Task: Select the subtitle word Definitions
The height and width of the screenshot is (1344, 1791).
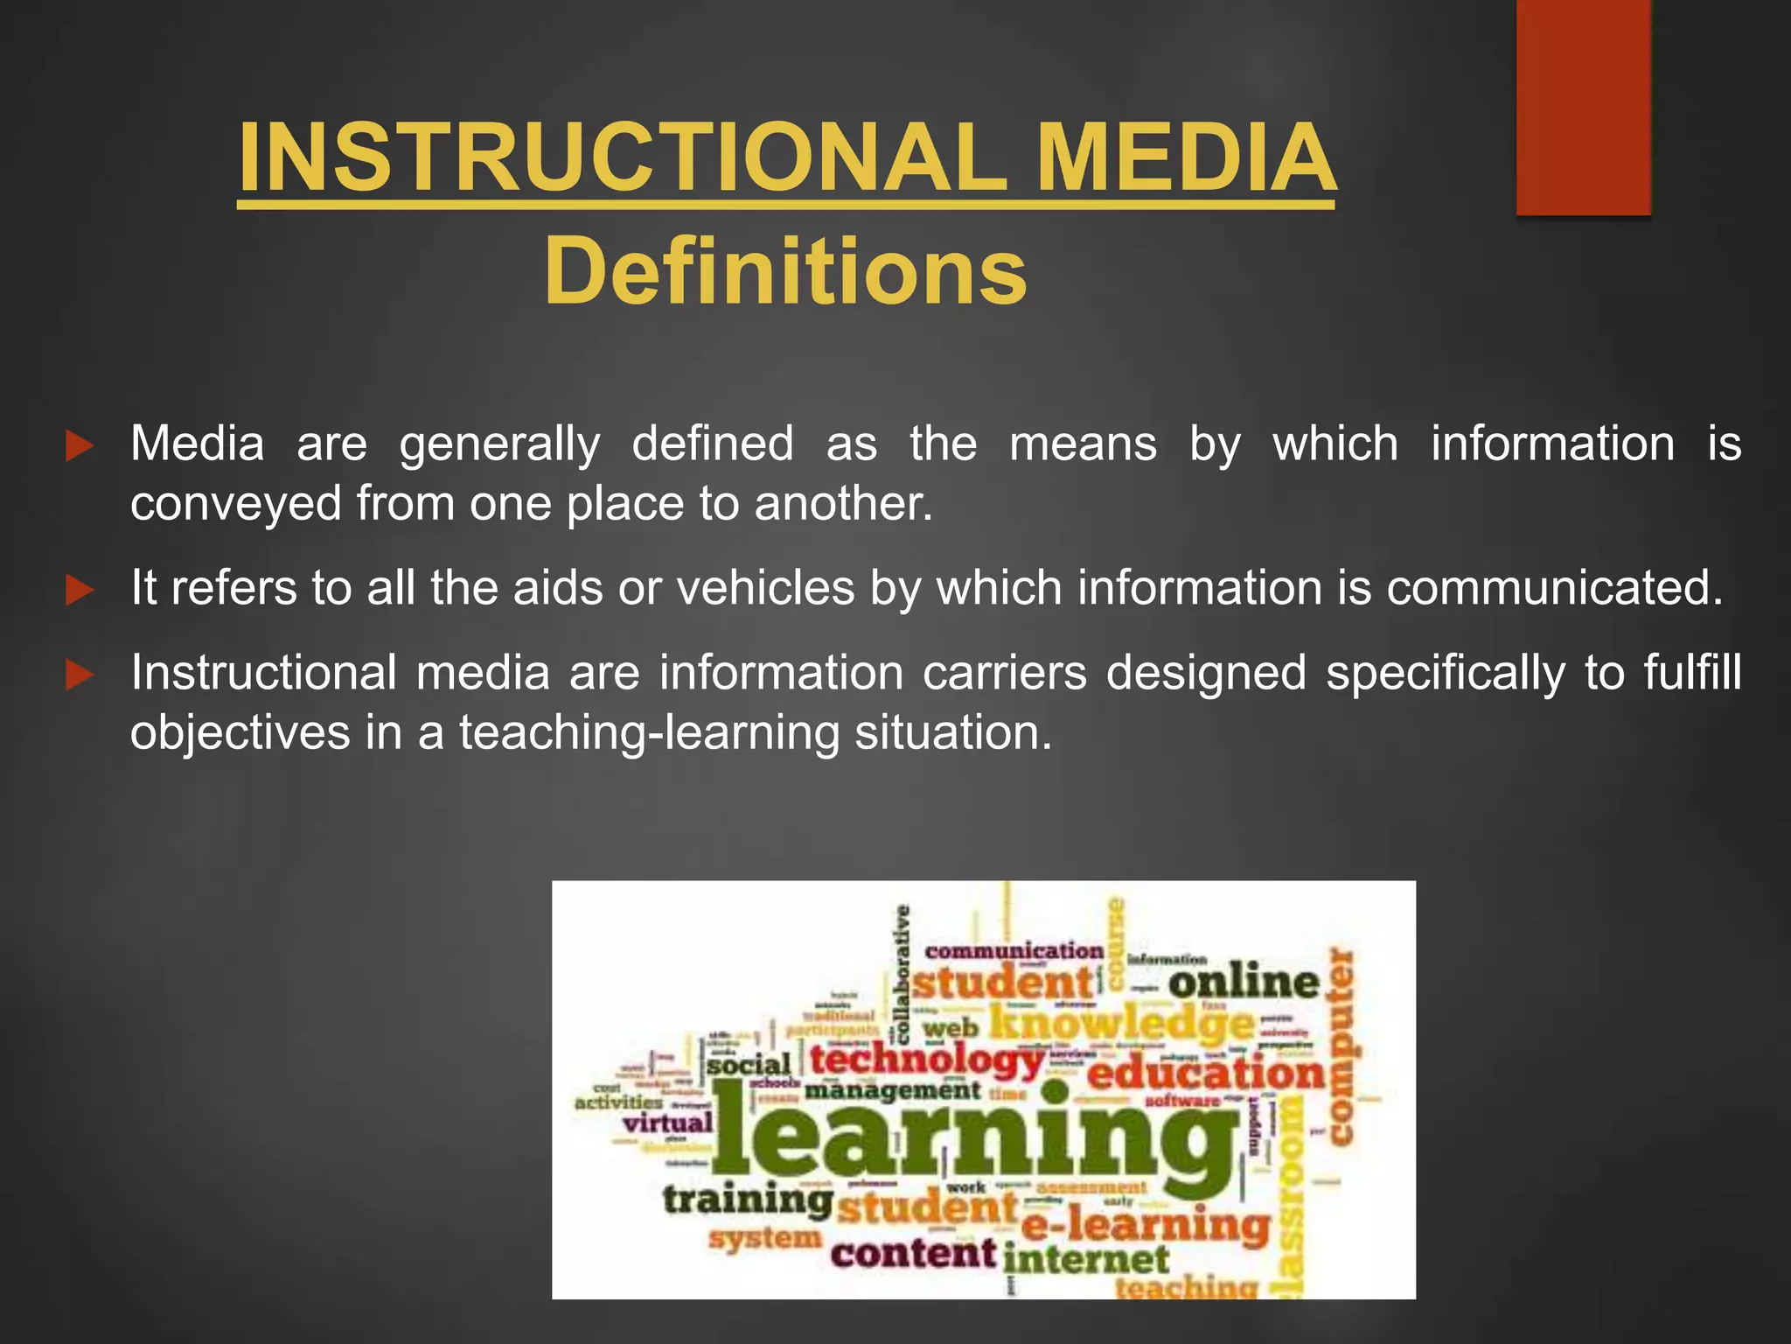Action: pyautogui.click(x=785, y=272)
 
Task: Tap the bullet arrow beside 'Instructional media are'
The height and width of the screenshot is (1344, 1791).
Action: pyautogui.click(x=80, y=675)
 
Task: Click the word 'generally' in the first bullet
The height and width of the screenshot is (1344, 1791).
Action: pyautogui.click(x=499, y=444)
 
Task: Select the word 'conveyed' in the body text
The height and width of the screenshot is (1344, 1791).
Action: pyautogui.click(x=235, y=504)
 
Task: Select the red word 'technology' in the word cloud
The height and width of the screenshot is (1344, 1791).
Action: pyautogui.click(x=927, y=1060)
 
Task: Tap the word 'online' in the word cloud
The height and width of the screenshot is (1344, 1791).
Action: pyautogui.click(x=1244, y=982)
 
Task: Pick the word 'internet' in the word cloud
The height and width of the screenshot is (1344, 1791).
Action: pyautogui.click(x=1085, y=1260)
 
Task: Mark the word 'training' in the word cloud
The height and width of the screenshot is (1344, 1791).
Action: pyautogui.click(x=748, y=1200)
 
